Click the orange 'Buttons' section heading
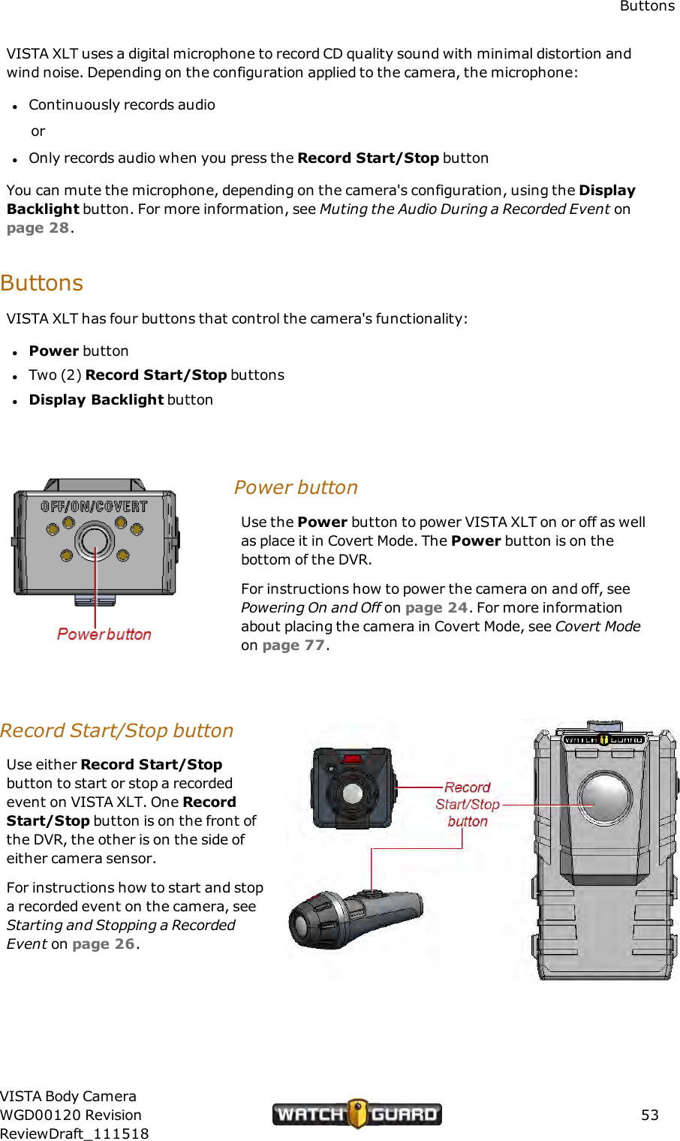(x=42, y=283)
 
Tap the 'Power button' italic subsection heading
(x=296, y=487)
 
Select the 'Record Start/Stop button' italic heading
(x=117, y=730)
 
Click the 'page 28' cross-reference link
(x=38, y=228)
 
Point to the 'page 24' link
(x=436, y=608)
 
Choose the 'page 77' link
(x=293, y=646)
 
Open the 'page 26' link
(x=104, y=944)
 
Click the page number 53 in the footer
(x=649, y=1115)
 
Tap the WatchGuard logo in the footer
(x=357, y=1114)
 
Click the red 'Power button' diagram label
(x=104, y=634)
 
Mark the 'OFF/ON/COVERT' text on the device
(x=94, y=507)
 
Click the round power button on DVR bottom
(x=95, y=540)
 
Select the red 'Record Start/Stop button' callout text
(x=467, y=804)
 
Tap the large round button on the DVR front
(x=606, y=796)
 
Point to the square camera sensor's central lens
(x=352, y=793)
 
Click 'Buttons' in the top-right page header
(x=647, y=7)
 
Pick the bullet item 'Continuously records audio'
(x=122, y=105)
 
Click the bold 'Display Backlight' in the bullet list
(x=96, y=400)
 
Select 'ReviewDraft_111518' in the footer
(x=74, y=1133)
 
